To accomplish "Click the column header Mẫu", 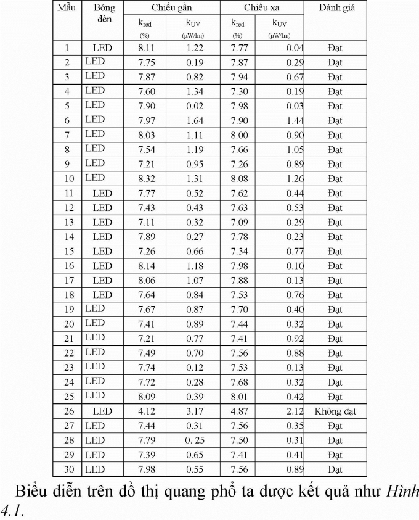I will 67,9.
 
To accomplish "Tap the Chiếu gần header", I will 172,9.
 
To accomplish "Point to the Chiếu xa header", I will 261,9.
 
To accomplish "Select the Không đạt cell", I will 335,411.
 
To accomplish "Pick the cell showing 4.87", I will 239,411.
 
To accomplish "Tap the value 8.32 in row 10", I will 147,179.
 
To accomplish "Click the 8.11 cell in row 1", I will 147,47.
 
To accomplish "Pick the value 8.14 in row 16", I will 147,266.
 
